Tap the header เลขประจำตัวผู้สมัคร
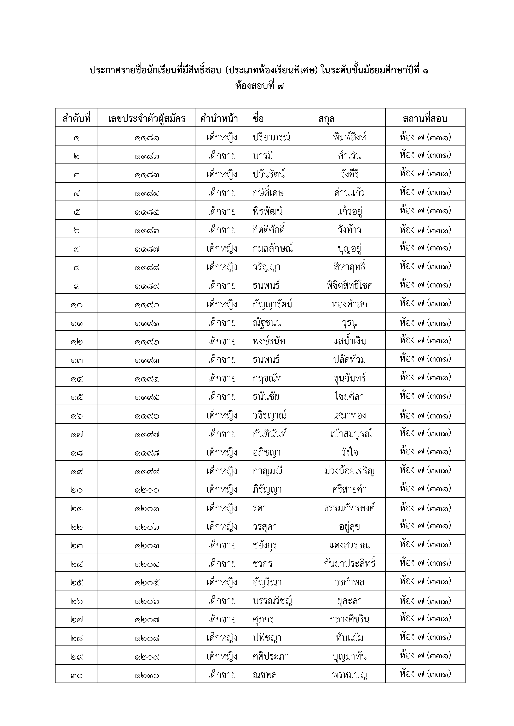pos(146,119)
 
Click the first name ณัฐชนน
pos(267,323)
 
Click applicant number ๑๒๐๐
pos(146,490)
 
